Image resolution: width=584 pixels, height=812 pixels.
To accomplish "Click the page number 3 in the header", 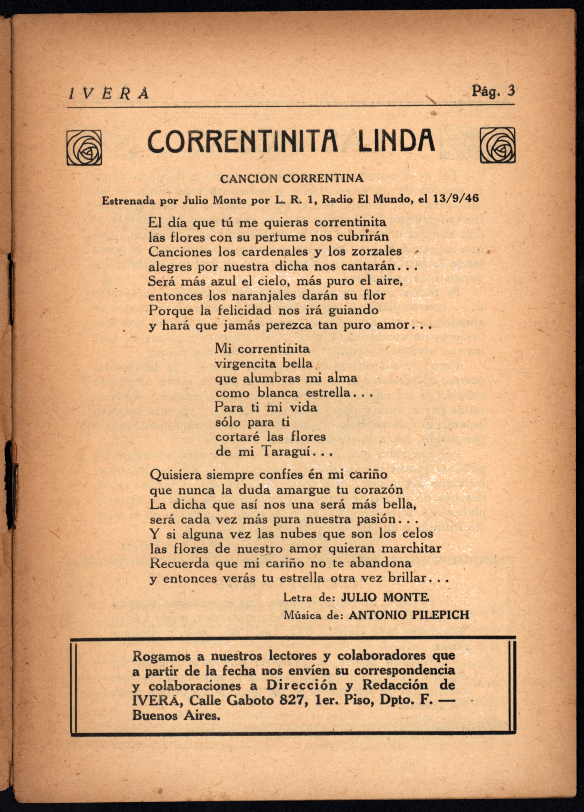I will coord(511,91).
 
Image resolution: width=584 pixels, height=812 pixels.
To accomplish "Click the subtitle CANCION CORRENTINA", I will coord(292,178).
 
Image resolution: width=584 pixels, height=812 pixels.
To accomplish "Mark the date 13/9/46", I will coord(456,198).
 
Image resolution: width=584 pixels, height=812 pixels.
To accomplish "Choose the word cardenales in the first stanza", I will coord(274,252).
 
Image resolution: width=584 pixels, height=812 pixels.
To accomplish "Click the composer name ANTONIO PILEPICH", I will coord(409,615).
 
